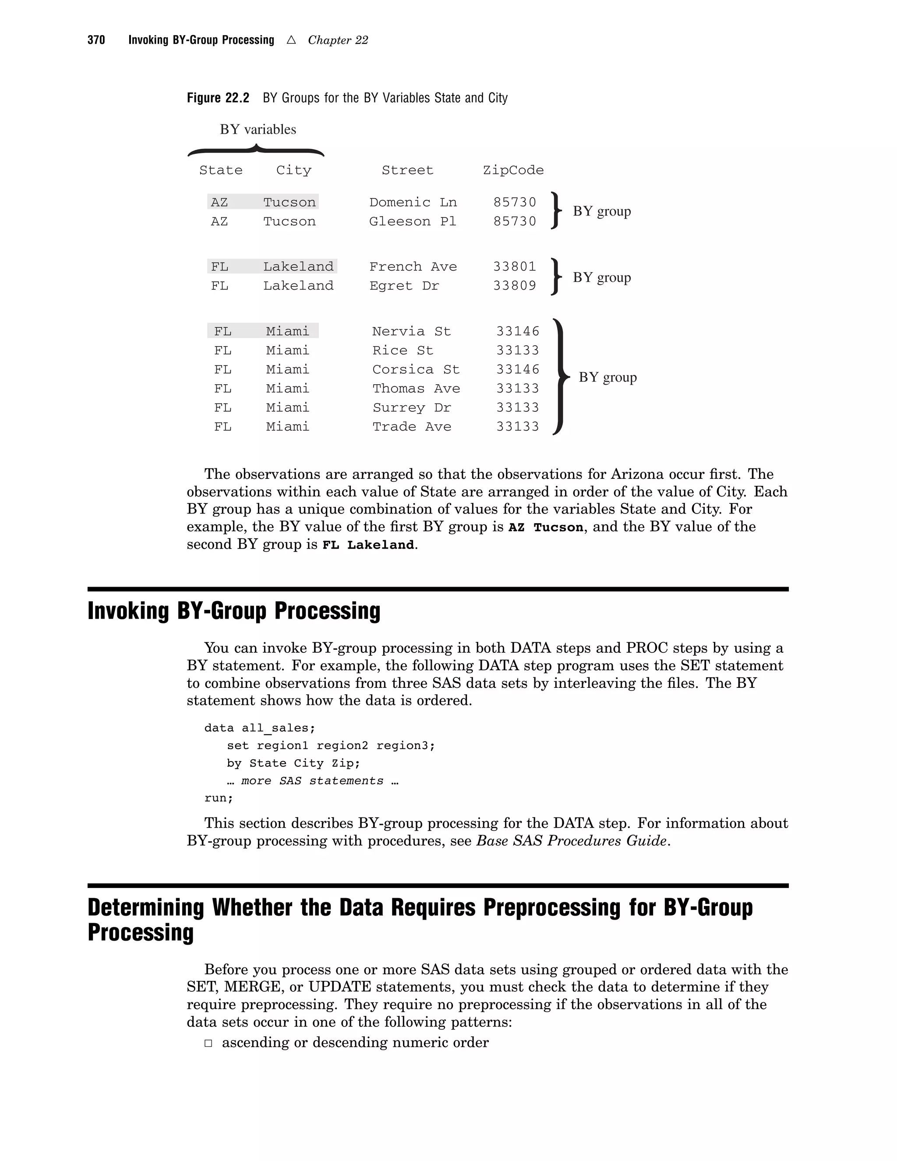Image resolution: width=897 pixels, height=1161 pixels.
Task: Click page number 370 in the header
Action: [x=96, y=40]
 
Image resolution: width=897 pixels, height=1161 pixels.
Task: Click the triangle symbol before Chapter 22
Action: [x=291, y=39]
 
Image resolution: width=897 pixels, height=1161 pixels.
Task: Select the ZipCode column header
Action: [x=513, y=170]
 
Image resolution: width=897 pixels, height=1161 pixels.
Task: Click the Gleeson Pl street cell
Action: [x=412, y=221]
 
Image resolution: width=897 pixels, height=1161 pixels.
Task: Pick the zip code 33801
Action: [x=514, y=266]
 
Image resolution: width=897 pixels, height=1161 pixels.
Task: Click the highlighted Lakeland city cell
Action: [x=298, y=266]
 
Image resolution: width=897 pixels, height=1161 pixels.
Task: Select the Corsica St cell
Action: [x=416, y=369]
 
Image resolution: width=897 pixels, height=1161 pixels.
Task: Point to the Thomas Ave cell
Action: [x=416, y=389]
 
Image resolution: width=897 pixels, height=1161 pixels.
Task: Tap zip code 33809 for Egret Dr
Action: [x=514, y=286]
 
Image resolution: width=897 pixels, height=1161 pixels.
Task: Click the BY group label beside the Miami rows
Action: [x=607, y=377]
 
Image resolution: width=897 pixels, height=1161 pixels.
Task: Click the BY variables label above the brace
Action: [x=258, y=129]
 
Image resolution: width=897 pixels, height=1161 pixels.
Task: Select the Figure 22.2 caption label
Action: [x=218, y=98]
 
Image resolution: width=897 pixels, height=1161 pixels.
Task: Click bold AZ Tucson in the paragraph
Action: [x=546, y=527]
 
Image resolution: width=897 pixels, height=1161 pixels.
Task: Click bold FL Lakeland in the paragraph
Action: [x=368, y=545]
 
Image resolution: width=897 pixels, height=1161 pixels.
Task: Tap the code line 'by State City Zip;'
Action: [x=293, y=763]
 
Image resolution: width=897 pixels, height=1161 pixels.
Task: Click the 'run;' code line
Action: [x=219, y=798]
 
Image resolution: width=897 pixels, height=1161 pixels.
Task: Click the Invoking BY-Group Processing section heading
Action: [x=234, y=611]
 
